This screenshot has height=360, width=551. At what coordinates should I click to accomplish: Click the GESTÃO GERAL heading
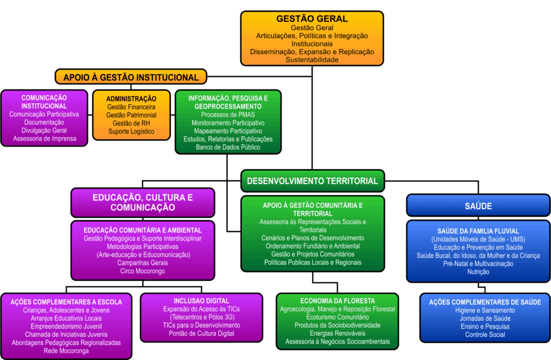312,19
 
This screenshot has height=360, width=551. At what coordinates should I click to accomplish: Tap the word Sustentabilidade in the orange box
312,60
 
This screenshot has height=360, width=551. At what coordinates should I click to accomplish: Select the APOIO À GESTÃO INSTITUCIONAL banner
131,77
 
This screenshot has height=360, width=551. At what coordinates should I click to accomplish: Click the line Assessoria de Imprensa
44,138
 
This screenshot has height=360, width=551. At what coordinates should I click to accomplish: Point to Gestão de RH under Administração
131,123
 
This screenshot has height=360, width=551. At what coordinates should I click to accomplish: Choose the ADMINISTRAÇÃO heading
131,99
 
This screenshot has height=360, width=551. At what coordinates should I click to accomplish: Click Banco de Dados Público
228,147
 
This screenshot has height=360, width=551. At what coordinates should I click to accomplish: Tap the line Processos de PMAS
228,115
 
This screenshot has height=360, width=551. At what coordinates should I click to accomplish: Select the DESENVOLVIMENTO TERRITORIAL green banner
313,181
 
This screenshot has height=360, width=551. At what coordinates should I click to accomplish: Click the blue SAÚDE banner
478,206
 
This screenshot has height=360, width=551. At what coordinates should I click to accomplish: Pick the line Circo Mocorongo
143,271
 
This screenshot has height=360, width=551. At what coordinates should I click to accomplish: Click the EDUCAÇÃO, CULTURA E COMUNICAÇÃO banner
143,202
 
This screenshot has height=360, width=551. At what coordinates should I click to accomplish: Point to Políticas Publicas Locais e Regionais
313,262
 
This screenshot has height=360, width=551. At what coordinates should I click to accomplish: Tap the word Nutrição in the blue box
478,272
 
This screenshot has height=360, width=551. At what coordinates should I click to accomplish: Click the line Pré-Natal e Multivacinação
478,264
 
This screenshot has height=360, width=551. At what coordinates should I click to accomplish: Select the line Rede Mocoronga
66,351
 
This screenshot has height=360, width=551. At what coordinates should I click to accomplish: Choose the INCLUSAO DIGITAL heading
201,301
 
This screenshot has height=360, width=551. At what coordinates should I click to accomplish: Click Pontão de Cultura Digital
201,334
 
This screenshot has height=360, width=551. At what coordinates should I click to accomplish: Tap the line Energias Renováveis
337,334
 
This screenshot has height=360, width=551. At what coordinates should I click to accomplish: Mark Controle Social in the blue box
485,335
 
